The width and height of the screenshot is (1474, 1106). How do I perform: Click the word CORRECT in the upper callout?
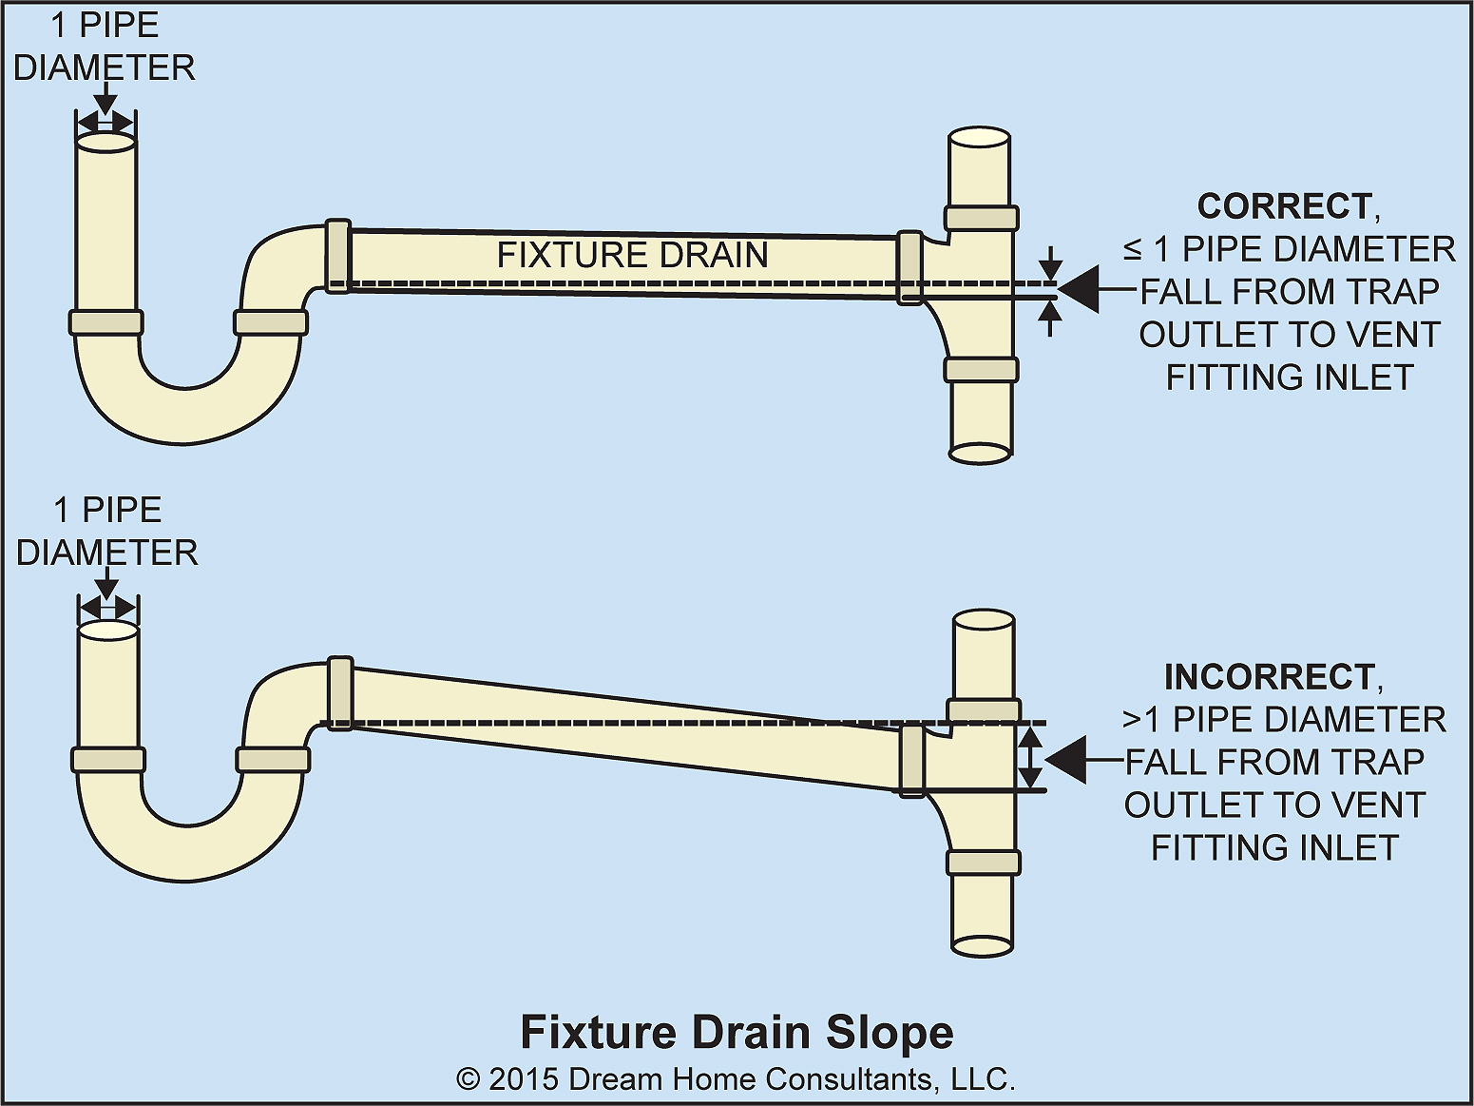point(1282,206)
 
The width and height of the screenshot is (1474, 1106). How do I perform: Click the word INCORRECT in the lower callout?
point(1268,677)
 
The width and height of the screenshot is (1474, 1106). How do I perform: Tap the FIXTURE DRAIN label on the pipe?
point(632,255)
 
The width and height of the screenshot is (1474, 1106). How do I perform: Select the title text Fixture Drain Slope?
point(737,1033)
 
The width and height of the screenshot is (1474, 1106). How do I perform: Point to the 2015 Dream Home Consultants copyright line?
point(737,1079)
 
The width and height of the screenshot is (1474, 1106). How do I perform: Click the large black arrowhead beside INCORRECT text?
point(1065,760)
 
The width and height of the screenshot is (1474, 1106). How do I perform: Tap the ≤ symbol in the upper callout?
point(1133,250)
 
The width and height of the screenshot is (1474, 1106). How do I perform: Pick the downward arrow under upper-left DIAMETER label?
point(105,100)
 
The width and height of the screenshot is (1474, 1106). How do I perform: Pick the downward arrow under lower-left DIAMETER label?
point(107,585)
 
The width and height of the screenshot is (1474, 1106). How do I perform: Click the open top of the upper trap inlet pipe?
point(105,143)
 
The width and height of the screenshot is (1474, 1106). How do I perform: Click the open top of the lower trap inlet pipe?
point(107,631)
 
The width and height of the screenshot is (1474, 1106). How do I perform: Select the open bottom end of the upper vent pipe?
point(980,453)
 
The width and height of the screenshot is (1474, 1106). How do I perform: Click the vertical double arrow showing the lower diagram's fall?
point(1030,758)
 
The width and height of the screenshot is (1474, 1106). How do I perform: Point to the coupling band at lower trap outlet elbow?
point(339,692)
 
